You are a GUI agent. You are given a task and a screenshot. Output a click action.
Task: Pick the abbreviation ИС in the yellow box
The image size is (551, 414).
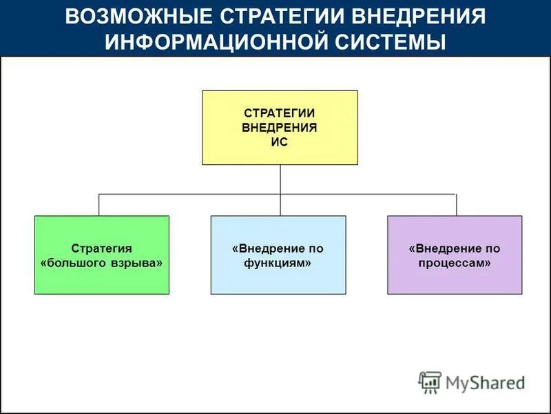(280, 142)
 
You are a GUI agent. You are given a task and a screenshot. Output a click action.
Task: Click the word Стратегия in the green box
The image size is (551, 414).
(102, 248)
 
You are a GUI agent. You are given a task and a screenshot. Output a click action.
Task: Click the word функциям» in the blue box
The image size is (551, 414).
(278, 264)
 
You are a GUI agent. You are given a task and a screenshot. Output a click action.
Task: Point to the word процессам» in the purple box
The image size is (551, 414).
(455, 264)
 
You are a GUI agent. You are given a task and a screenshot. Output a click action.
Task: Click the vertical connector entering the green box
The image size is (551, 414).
(98, 205)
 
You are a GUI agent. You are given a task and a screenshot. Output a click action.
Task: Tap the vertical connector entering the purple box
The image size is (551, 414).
(456, 205)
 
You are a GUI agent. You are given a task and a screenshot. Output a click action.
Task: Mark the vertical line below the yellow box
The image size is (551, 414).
(280, 179)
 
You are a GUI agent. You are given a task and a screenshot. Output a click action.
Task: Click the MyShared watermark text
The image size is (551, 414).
(485, 382)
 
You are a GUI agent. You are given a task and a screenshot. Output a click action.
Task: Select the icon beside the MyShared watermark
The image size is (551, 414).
(430, 382)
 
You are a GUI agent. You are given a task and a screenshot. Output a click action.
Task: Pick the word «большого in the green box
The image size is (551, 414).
(76, 264)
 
